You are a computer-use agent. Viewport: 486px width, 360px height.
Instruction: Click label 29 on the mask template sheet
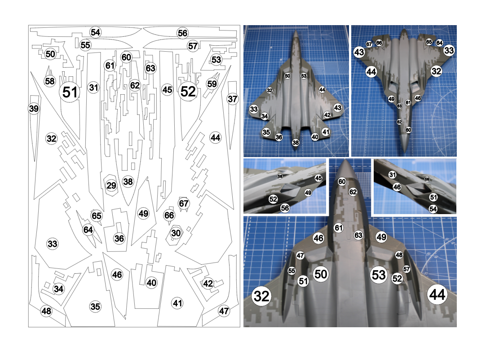(x=111, y=185)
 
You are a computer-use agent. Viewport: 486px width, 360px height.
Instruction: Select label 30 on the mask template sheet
(x=176, y=233)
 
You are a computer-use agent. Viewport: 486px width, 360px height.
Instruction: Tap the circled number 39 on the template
(x=34, y=109)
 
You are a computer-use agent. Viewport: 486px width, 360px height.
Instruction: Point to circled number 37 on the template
(x=232, y=99)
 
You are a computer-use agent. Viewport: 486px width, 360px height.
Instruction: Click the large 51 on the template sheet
(x=70, y=92)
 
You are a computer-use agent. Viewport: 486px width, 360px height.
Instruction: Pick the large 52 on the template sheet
(x=188, y=92)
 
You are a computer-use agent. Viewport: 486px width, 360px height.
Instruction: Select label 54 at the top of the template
(x=95, y=32)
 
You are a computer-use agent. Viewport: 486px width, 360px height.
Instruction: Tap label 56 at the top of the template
(x=182, y=33)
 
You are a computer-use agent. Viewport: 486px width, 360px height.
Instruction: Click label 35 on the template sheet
(x=95, y=307)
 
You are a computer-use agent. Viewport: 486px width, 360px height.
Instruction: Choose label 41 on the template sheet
(x=177, y=303)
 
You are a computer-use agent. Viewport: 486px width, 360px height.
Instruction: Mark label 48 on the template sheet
(x=46, y=311)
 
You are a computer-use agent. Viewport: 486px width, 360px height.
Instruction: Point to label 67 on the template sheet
(x=184, y=203)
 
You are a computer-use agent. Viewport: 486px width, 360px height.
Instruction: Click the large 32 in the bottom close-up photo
(x=261, y=296)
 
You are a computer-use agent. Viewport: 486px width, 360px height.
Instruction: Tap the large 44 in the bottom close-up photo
(x=437, y=295)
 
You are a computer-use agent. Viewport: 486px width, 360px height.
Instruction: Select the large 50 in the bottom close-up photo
(x=320, y=274)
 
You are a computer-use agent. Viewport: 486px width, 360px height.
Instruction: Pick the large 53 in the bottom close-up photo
(x=379, y=274)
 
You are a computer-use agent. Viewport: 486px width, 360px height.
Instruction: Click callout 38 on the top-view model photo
(x=296, y=143)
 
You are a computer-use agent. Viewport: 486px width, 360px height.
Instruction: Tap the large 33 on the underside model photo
(x=449, y=51)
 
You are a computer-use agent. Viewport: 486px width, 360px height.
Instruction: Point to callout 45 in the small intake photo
(x=318, y=178)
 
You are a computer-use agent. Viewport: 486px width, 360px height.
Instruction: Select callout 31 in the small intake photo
(x=393, y=175)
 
